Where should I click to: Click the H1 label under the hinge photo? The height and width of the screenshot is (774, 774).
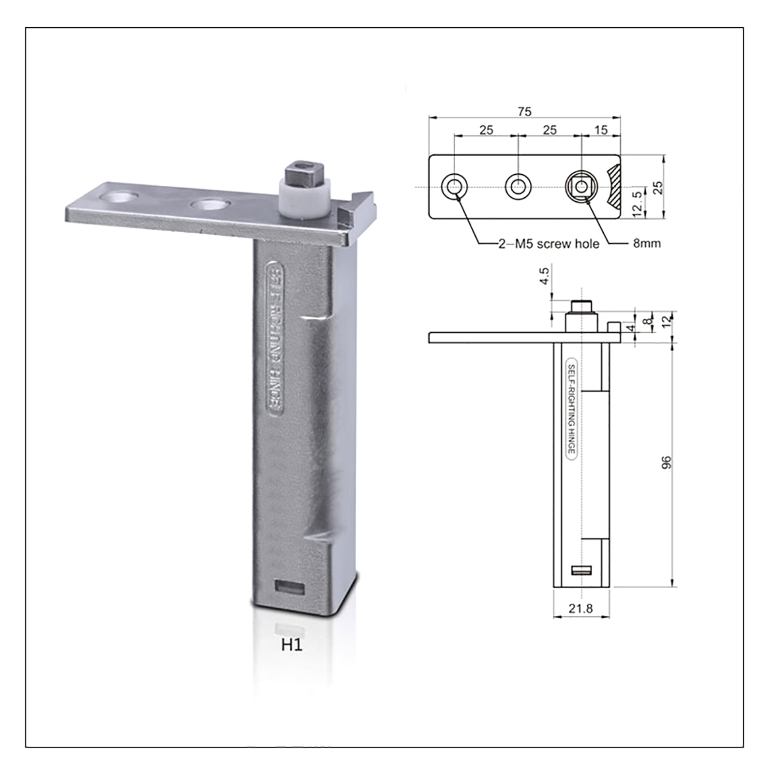coord(292,645)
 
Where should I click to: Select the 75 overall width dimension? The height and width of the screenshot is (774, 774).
coord(524,111)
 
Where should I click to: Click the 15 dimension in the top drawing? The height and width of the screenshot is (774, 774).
coord(601,130)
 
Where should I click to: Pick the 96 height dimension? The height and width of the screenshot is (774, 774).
coord(666,462)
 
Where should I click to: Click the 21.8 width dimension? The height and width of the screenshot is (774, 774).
coord(580,609)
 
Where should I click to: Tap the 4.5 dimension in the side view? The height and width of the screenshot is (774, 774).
coord(544,276)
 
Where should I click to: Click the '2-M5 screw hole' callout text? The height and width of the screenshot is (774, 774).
coord(549,243)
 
